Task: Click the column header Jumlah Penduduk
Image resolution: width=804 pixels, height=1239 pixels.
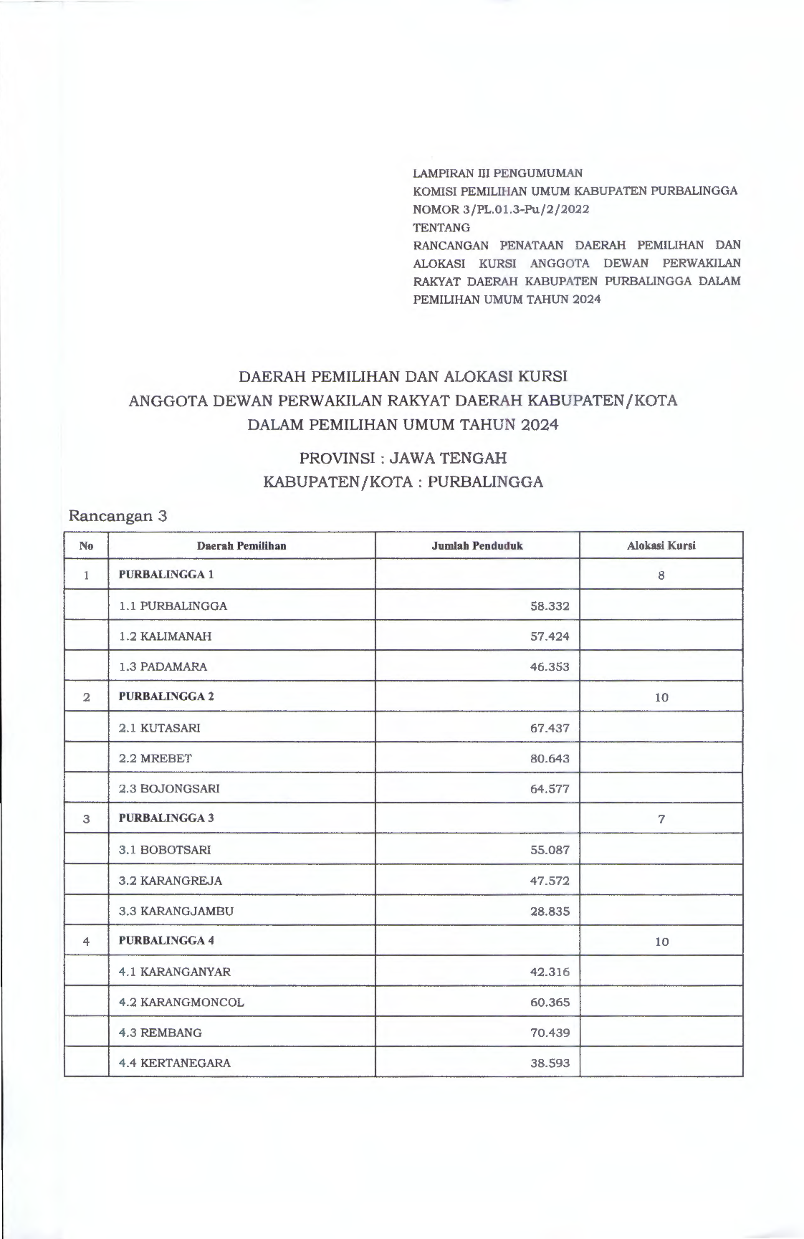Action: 477,545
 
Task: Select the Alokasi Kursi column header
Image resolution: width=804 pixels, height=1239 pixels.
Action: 661,545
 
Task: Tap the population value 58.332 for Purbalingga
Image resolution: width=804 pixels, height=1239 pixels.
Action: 550,606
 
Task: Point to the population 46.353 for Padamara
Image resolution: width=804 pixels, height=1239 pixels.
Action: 550,666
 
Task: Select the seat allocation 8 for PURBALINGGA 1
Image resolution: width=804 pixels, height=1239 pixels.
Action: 661,575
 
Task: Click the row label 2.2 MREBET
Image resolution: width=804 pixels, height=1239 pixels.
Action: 155,758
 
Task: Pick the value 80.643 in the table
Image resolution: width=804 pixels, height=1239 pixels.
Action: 550,758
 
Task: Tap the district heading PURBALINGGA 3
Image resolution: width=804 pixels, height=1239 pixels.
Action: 166,818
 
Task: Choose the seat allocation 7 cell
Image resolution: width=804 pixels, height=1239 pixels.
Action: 661,819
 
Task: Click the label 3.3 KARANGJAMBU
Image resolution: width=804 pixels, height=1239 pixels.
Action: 176,912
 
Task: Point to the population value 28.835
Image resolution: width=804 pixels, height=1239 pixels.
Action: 550,912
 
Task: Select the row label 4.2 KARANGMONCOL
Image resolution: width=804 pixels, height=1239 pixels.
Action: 181,1003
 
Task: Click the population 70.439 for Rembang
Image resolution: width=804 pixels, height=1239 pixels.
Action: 550,1033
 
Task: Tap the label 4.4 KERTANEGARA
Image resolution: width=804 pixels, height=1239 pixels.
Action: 174,1063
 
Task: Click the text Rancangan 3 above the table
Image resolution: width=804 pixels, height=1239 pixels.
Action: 118,516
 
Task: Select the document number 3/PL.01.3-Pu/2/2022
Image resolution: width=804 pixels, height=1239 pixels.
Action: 502,209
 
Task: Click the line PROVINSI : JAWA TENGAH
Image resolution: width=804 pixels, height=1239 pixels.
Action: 403,457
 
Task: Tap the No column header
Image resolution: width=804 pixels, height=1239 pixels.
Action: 86,545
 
